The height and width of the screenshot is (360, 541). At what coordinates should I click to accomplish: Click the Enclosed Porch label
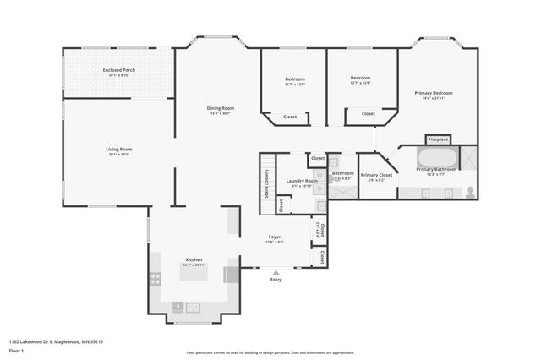click(118, 70)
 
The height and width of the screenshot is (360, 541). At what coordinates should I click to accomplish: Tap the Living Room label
click(118, 150)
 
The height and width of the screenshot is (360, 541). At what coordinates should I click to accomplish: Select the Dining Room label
click(221, 108)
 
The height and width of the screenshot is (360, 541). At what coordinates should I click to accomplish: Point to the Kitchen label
click(194, 259)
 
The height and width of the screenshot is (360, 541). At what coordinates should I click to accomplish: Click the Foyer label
click(275, 237)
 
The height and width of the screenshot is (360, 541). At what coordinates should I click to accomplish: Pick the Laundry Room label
click(302, 181)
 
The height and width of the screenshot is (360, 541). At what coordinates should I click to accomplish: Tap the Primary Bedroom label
click(433, 92)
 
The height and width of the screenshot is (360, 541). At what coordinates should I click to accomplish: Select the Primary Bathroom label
click(436, 169)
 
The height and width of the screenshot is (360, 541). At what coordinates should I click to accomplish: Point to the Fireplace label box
click(438, 139)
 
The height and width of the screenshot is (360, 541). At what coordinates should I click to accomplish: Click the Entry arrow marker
click(276, 272)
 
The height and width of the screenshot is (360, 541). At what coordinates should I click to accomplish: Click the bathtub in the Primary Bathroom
click(437, 158)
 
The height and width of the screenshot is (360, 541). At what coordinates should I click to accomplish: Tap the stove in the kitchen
click(156, 278)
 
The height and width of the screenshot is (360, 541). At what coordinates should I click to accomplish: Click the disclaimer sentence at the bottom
click(270, 352)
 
